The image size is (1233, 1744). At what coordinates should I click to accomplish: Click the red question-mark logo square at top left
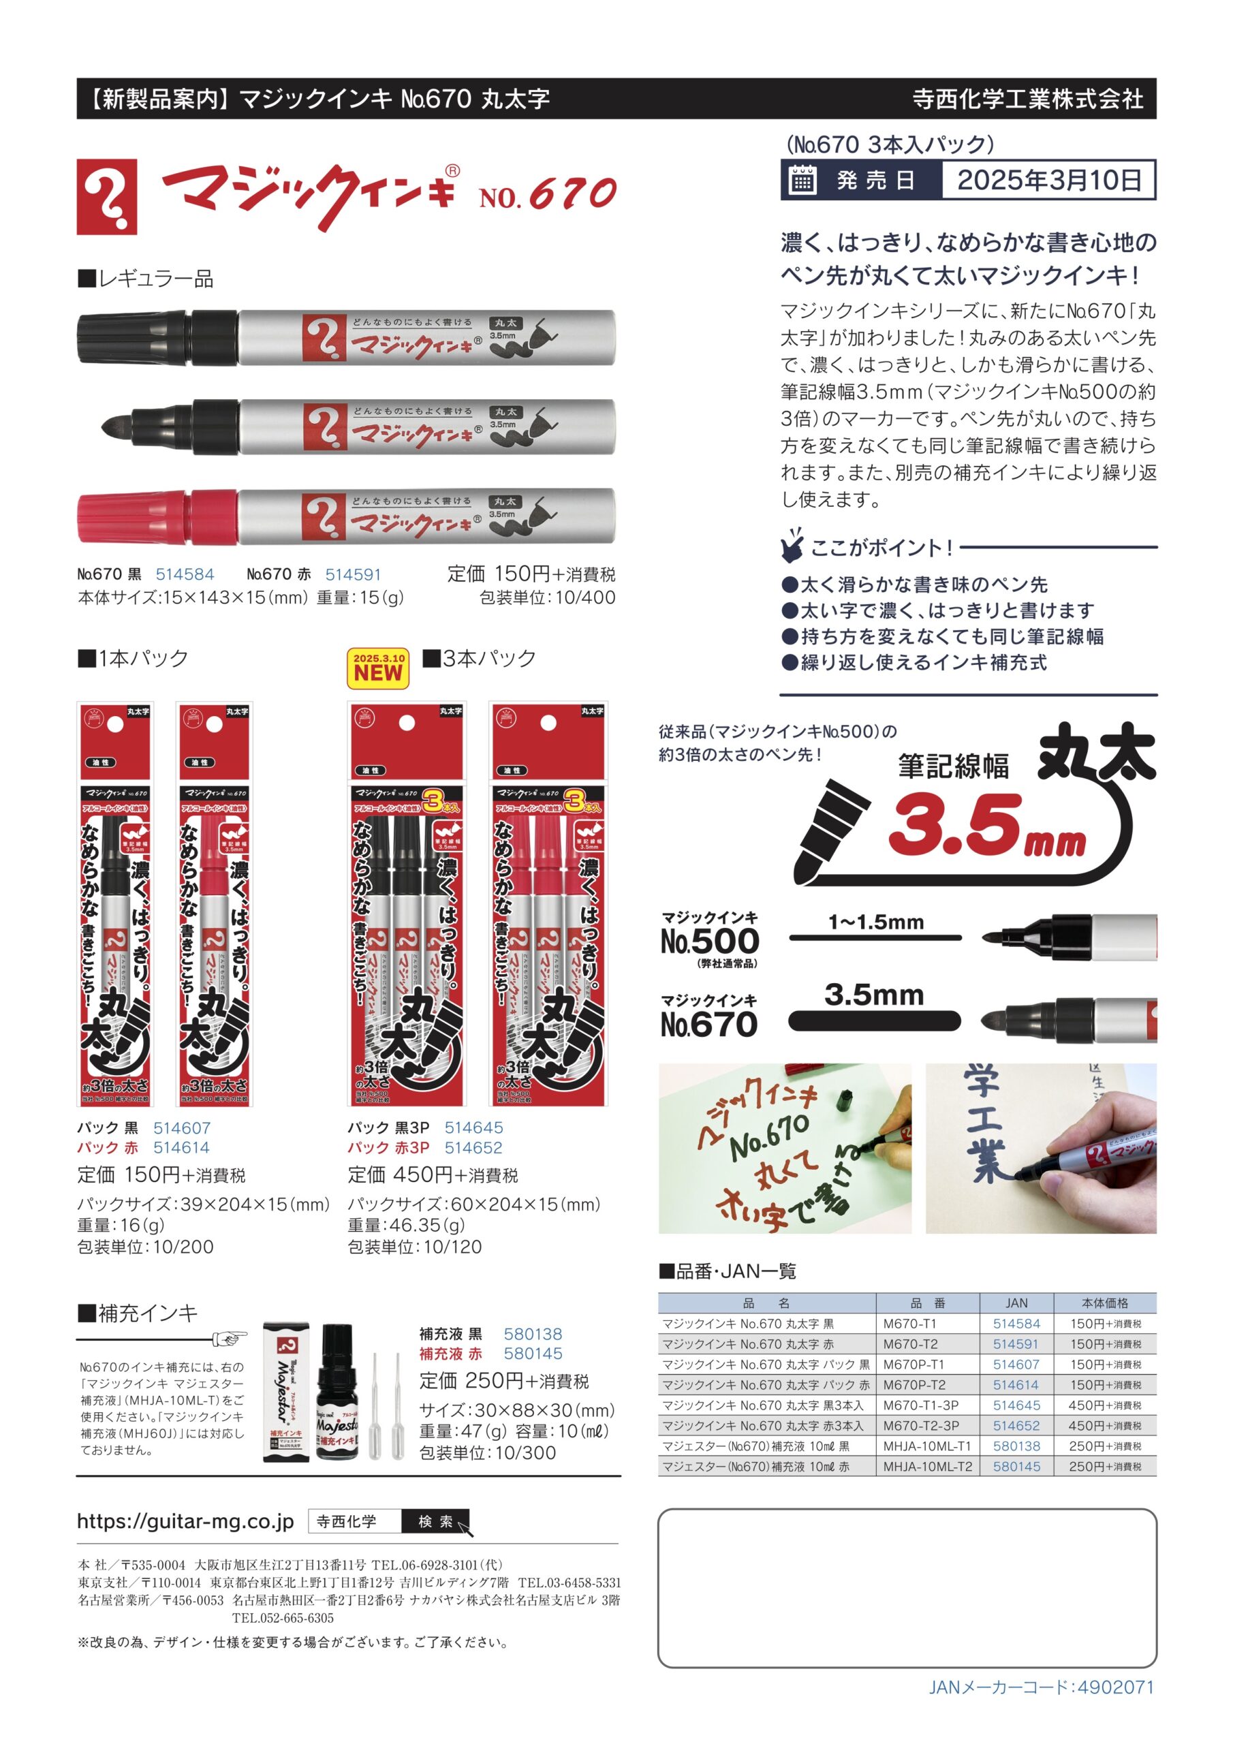(x=107, y=197)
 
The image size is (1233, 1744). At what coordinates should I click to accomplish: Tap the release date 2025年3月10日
(x=1048, y=180)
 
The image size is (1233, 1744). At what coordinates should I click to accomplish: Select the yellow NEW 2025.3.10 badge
(x=377, y=668)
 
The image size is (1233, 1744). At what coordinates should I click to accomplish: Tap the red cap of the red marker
(x=133, y=517)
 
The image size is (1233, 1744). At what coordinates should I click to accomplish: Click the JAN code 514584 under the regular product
(x=185, y=575)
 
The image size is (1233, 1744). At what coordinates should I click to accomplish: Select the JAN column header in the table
(x=1016, y=1303)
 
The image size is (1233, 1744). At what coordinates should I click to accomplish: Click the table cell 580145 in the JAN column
(x=1016, y=1467)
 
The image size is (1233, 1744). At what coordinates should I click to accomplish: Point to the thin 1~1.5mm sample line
(x=874, y=938)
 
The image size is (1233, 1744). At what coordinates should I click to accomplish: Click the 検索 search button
(x=435, y=1521)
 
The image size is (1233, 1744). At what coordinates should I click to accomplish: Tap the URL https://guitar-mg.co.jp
(x=185, y=1521)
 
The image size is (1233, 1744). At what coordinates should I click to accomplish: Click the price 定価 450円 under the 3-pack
(x=433, y=1175)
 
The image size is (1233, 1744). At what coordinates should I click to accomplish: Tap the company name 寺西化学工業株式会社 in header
(x=1027, y=99)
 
